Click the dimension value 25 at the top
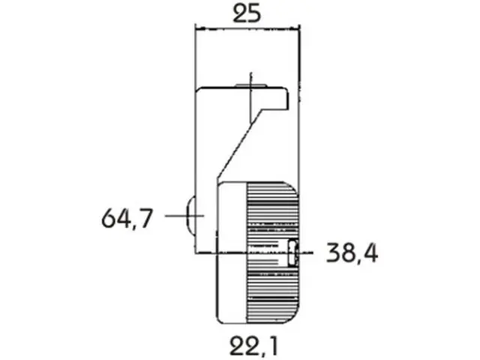click(247, 13)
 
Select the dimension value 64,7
click(127, 218)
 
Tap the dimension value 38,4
click(352, 253)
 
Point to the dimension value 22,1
click(254, 346)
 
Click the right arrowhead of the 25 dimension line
click(295, 29)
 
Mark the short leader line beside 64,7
click(184, 216)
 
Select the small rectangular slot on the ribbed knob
click(293, 253)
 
